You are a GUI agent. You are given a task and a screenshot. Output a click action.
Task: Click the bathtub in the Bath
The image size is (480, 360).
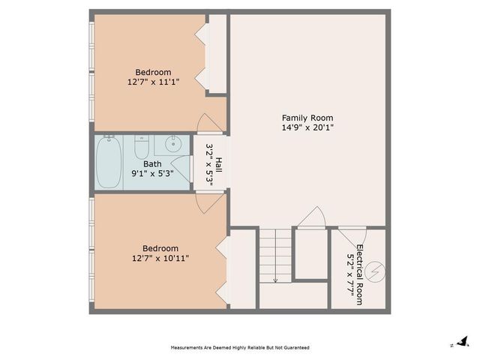pyautogui.click(x=109, y=163)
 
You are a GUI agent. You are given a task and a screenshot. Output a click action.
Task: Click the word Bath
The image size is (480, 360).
pyautogui.click(x=152, y=163)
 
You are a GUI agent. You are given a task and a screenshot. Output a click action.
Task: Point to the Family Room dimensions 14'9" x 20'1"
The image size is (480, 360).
pyautogui.click(x=307, y=127)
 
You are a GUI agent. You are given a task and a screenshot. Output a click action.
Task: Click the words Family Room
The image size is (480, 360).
pyautogui.click(x=307, y=118)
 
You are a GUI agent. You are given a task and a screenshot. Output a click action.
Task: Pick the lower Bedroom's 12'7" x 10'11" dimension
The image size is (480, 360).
pyautogui.click(x=160, y=258)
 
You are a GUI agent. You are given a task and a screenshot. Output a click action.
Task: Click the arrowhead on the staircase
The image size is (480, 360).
pyautogui.click(x=275, y=280)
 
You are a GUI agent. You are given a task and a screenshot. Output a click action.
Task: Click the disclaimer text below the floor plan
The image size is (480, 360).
pyautogui.click(x=240, y=348)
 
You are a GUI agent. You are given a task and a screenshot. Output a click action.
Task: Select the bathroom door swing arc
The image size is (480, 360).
pyautogui.click(x=179, y=167)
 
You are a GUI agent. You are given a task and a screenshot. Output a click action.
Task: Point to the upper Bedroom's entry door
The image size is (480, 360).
pyautogui.click(x=206, y=124)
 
